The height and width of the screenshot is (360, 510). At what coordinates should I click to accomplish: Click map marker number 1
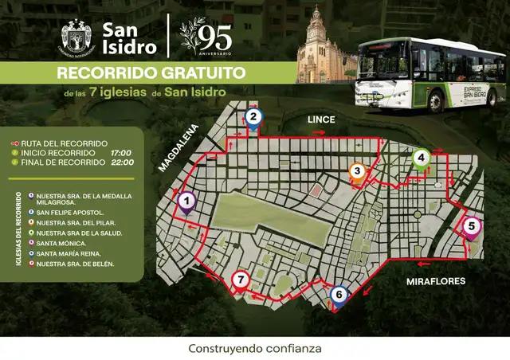(186, 202)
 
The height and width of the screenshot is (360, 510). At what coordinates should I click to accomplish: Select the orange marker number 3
(358, 171)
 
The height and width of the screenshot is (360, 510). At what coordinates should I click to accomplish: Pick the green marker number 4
(420, 158)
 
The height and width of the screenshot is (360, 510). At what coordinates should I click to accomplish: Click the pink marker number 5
(471, 227)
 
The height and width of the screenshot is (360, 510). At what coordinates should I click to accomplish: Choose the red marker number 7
(241, 280)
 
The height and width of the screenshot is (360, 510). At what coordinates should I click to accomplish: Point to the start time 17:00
(122, 152)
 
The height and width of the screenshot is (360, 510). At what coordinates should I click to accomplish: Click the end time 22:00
(122, 162)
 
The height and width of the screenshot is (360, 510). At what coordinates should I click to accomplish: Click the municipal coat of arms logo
(76, 37)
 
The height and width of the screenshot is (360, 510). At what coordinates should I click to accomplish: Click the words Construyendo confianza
(254, 348)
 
